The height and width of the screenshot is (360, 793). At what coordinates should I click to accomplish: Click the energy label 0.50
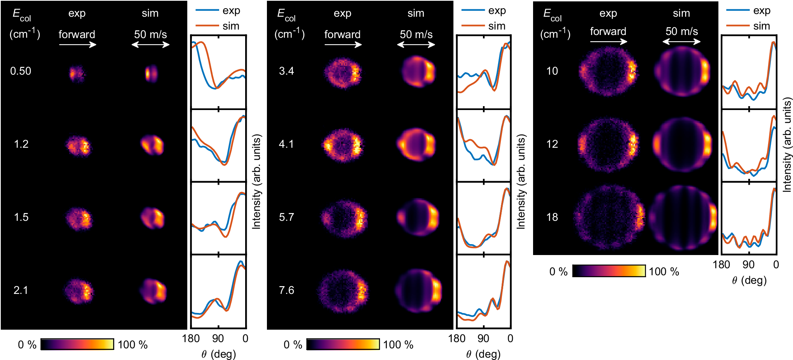pyautogui.click(x=21, y=71)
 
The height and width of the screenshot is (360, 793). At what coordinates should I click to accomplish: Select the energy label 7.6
pyautogui.click(x=286, y=290)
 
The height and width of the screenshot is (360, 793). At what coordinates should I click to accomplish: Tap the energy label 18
pyautogui.click(x=552, y=217)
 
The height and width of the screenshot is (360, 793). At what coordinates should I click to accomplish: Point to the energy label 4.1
pyautogui.click(x=286, y=144)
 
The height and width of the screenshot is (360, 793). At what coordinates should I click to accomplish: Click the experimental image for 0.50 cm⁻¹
pyautogui.click(x=77, y=73)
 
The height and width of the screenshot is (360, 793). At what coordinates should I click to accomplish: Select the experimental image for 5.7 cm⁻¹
pyautogui.click(x=343, y=218)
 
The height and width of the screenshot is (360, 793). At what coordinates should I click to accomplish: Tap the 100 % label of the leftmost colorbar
pyautogui.click(x=132, y=345)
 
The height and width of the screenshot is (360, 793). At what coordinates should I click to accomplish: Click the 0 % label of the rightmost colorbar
pyautogui.click(x=558, y=272)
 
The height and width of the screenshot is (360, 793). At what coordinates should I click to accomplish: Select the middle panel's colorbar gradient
pyautogui.click(x=343, y=344)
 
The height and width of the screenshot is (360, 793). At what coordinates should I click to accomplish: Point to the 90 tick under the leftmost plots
pyautogui.click(x=218, y=339)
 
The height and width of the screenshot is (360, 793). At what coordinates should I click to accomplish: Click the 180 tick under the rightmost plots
pyautogui.click(x=722, y=265)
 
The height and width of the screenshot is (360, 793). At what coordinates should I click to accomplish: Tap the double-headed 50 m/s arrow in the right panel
pyautogui.click(x=681, y=42)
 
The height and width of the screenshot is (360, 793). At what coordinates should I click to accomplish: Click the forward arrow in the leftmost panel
pyautogui.click(x=77, y=45)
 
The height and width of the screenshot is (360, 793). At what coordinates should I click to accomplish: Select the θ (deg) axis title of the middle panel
pyautogui.click(x=483, y=354)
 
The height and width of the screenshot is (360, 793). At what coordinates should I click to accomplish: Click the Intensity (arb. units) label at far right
pyautogui.click(x=787, y=145)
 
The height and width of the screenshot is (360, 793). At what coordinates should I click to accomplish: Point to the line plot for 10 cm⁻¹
pyautogui.click(x=749, y=72)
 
